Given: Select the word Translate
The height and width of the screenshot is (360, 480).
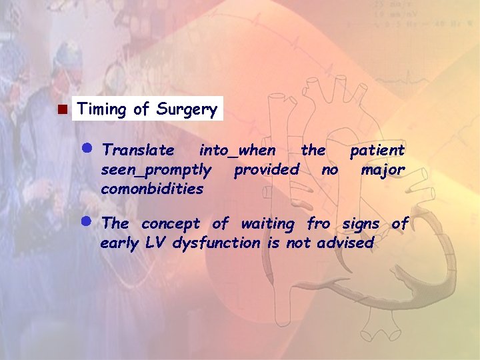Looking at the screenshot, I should coord(139,150).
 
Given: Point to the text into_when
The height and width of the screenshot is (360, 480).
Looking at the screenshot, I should coord(237,150).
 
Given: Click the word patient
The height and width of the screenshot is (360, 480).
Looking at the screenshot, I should coord(377,150).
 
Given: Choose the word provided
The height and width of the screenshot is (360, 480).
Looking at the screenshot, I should coord(267,170).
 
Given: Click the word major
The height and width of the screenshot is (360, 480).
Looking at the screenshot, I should coord(383,170).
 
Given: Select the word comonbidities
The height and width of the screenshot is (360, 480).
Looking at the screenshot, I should coord(152,189).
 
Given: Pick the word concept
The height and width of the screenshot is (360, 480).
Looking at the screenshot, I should coord(171,224).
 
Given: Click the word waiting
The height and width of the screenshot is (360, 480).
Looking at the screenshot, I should coord(267,224).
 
